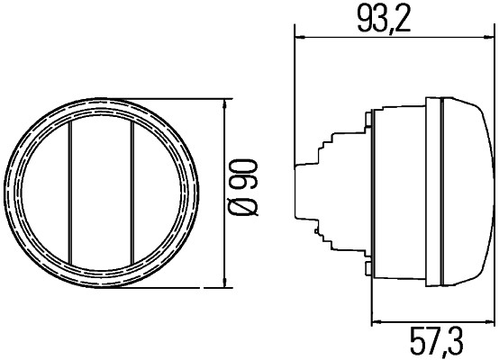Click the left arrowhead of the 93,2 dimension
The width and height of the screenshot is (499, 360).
pyautogui.click(x=301, y=38)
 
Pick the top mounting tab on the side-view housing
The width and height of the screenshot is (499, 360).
pyautogui.click(x=370, y=118)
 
